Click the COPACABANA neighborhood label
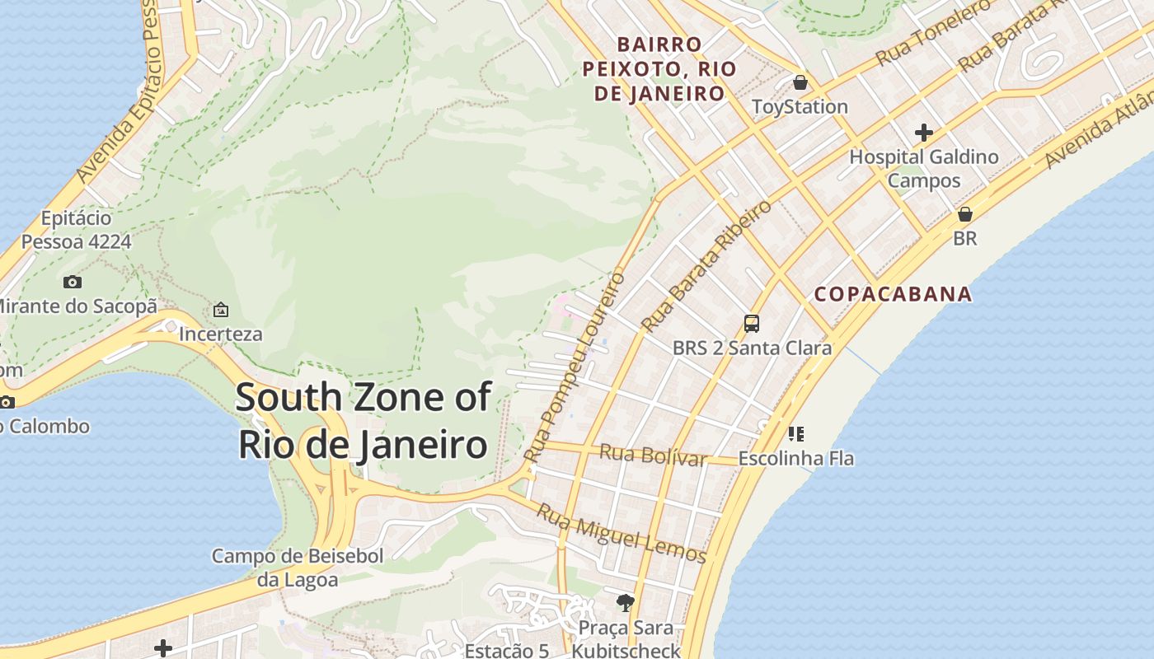[x=893, y=294]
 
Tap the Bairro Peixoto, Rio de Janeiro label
[x=659, y=68]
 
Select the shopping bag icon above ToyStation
[x=800, y=82]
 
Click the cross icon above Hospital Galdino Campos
[x=923, y=132]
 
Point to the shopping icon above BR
[x=964, y=214]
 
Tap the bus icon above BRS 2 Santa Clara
[x=751, y=323]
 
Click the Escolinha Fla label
[x=795, y=458]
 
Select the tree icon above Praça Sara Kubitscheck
[x=625, y=603]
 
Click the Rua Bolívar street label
[x=653, y=454]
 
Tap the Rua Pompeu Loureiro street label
[x=575, y=366]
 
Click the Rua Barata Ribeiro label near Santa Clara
[x=706, y=265]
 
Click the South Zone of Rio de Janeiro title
[x=364, y=421]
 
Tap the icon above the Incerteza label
[x=220, y=311]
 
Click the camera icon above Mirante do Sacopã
[x=73, y=282]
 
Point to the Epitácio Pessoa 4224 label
[x=76, y=230]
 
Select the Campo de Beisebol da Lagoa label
[x=298, y=568]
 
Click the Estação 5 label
[x=506, y=650]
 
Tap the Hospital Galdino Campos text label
[x=923, y=168]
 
